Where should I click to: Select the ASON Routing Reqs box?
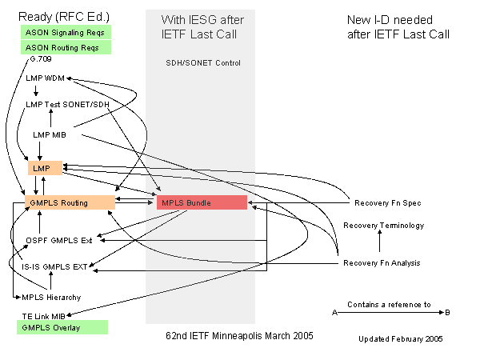click(66, 48)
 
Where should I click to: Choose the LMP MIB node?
click(54, 134)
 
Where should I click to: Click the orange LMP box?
click(39, 168)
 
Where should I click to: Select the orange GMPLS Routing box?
click(70, 202)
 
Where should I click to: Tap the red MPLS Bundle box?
click(202, 202)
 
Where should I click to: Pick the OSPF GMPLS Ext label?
click(59, 239)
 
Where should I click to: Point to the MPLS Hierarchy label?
click(50, 297)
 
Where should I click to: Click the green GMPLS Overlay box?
click(63, 328)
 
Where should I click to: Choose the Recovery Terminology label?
click(383, 226)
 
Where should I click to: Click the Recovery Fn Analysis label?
click(382, 263)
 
